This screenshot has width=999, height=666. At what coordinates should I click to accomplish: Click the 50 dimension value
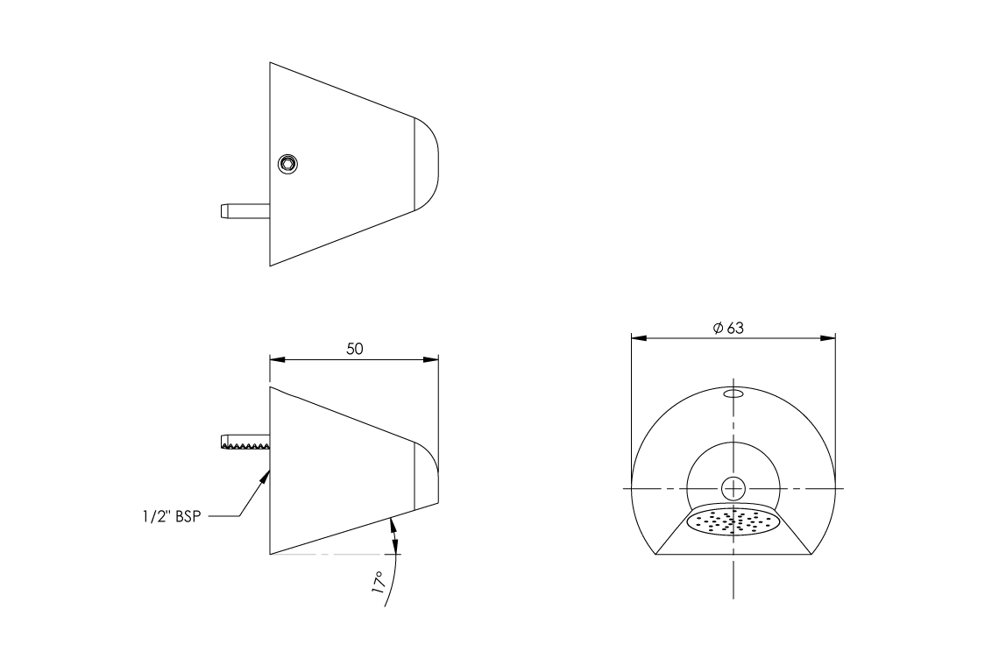(354, 348)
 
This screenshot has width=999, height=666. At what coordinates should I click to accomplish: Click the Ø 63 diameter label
(728, 328)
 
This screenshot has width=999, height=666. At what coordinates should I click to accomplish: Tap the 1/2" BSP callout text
(172, 516)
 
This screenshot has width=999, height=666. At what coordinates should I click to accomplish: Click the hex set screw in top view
(287, 163)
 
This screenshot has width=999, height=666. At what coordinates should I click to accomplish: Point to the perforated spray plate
(733, 521)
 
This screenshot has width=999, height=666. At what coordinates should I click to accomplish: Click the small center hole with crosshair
(733, 488)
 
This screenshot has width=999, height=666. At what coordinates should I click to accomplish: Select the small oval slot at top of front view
(733, 394)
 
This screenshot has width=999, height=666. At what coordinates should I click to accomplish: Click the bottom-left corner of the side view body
(270, 554)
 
